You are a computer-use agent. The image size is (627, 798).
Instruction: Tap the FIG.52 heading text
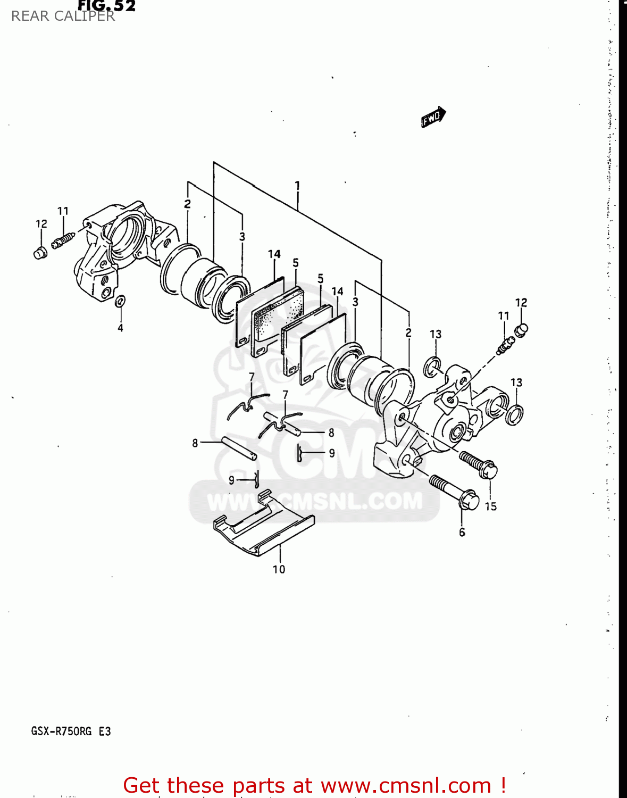106,6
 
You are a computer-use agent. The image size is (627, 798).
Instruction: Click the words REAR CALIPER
63,16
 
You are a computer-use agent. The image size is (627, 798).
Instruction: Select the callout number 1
297,186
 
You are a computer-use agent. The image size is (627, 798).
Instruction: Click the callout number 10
279,569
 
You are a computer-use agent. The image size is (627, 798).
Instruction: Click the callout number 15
490,506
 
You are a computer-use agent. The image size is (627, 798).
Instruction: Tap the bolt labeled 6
455,492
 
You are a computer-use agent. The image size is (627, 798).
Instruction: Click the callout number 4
120,328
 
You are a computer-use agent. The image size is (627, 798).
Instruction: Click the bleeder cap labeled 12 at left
40,253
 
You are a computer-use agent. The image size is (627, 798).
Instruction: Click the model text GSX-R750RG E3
71,731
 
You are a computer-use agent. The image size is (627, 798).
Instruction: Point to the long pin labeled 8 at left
239,448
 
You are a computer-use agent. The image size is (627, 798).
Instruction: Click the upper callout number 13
436,334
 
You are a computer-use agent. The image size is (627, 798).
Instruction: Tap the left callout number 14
274,254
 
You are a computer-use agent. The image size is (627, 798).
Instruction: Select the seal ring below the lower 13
514,414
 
